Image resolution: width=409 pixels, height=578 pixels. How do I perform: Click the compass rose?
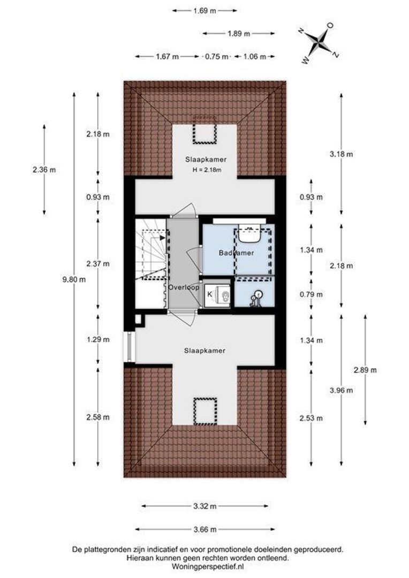pos(319,43)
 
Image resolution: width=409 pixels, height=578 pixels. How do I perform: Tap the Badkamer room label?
pos(237,253)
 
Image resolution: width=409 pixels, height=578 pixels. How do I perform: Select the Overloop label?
pos(184,287)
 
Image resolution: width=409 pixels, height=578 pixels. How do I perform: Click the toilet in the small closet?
pos(223,294)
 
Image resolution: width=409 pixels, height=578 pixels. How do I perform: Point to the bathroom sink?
pos(249,234)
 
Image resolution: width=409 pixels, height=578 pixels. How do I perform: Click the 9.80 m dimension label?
pos(74,279)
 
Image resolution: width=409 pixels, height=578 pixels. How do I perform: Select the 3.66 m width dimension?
pos(205,529)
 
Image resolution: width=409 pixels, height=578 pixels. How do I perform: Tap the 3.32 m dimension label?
pos(205,506)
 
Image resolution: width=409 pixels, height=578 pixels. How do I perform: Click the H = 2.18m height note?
pos(207,170)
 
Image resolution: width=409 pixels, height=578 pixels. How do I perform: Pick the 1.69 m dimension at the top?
pos(205,11)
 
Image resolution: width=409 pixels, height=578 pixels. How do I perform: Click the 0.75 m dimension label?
pos(216,56)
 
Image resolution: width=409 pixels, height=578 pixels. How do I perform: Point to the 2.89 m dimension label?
pos(365,370)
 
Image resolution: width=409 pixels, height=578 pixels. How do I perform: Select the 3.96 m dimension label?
pos(341,390)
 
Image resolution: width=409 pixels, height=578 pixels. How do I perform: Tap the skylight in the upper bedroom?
pos(205,130)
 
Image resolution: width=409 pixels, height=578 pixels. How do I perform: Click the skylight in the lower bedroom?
pos(206,411)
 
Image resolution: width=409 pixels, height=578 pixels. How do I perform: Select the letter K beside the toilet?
pos(209,294)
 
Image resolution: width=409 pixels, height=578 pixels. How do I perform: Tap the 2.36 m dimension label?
pos(44,170)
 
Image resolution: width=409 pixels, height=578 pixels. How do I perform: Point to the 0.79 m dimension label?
pos(311,294)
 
